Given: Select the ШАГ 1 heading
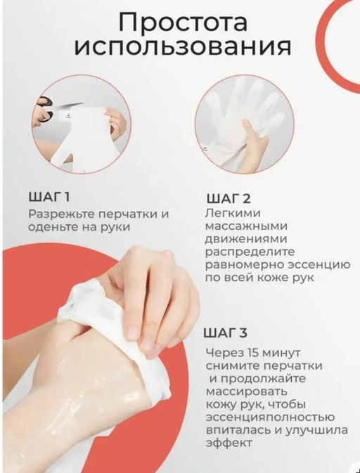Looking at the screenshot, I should [49, 196].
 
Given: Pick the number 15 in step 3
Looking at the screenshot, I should [256, 353].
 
